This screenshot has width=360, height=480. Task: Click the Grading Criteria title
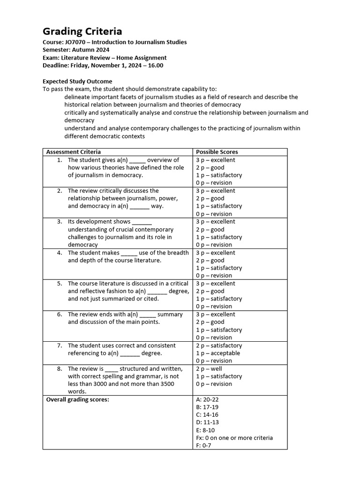tap(82, 31)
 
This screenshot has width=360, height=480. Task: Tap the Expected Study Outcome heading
tap(77, 81)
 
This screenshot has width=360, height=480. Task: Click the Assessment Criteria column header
tap(73, 152)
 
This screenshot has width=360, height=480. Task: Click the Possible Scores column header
tap(217, 152)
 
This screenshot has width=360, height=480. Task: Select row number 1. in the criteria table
tap(60, 160)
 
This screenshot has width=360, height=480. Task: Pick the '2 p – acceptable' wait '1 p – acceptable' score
tap(217, 353)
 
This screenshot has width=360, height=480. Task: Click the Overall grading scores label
tap(77, 399)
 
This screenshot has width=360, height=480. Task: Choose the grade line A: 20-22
tap(207, 399)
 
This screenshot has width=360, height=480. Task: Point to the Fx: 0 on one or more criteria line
tap(234, 438)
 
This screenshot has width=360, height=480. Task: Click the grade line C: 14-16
tap(207, 415)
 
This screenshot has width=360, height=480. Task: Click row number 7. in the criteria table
tap(60, 345)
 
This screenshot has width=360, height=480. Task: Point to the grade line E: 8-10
tap(205, 430)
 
